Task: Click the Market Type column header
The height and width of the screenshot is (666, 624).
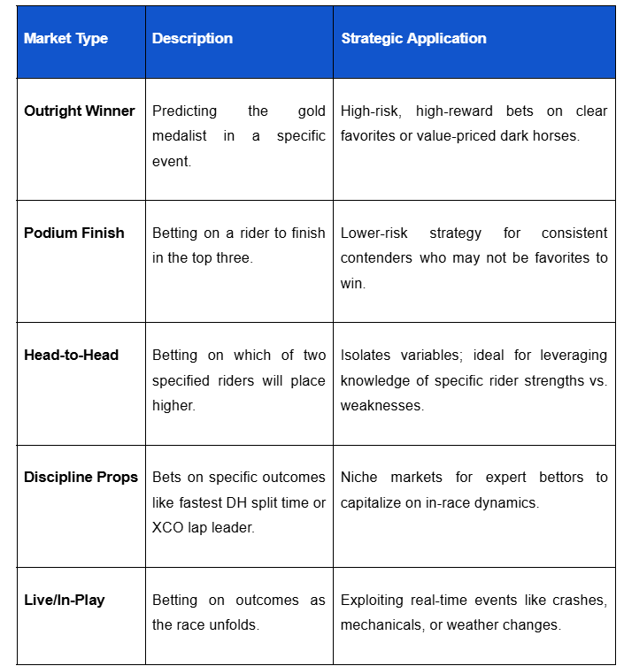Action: coord(65,39)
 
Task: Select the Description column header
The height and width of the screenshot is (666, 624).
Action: coord(192,39)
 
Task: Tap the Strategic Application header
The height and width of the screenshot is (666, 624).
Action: coord(413,39)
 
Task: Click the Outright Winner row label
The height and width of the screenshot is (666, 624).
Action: coord(79,111)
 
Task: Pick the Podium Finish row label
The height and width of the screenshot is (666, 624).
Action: coord(73,233)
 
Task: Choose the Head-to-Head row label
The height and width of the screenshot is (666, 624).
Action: coord(71,356)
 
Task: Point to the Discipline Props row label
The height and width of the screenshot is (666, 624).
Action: coord(81,478)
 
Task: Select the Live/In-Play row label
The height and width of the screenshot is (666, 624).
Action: coord(64,600)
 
